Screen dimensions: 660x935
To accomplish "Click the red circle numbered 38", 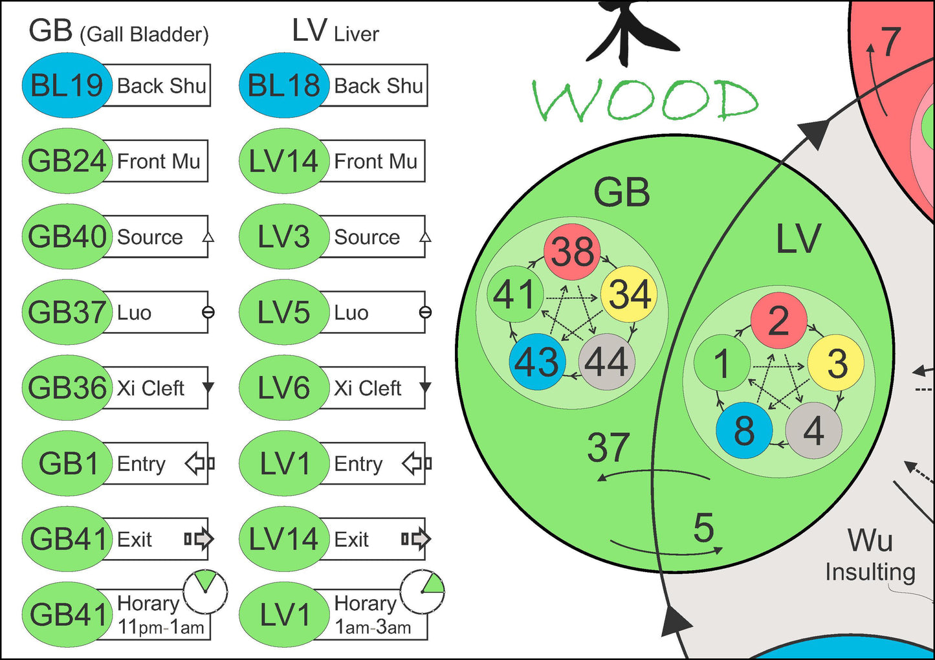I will click(x=572, y=252).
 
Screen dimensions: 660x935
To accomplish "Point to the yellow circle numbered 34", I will click(x=629, y=294).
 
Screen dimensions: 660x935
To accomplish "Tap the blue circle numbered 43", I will click(x=537, y=362).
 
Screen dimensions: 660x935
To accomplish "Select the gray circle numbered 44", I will click(x=606, y=362).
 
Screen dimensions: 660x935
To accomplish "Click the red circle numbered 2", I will click(x=778, y=320).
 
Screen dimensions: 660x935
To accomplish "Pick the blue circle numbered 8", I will click(x=744, y=430).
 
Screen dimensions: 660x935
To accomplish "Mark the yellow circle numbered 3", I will click(x=837, y=363).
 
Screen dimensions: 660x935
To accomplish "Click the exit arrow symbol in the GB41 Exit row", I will click(x=199, y=538).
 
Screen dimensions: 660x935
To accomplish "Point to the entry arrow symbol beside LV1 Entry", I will click(x=417, y=463).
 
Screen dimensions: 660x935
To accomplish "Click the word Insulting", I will click(x=870, y=572).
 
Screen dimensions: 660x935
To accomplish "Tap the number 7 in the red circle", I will click(x=890, y=42).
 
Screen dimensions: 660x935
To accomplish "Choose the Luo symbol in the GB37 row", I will click(x=208, y=313).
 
